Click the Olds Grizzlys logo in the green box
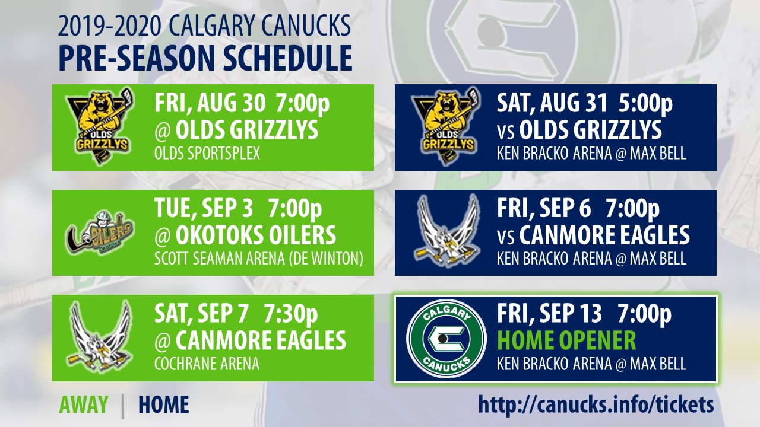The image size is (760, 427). [x=99, y=126]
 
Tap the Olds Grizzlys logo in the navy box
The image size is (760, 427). [x=446, y=126]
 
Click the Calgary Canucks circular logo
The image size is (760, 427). [x=446, y=338]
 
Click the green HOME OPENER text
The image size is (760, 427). [x=566, y=340]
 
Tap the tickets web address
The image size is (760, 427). [x=596, y=404]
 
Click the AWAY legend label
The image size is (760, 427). [x=84, y=404]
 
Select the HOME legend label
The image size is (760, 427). [x=163, y=404]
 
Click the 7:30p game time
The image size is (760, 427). [x=291, y=314]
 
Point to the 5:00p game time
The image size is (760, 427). [x=645, y=104]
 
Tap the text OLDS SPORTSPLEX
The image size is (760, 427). [x=207, y=153]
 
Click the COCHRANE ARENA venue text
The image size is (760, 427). [x=207, y=364]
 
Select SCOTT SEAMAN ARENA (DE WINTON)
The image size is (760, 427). [x=259, y=259]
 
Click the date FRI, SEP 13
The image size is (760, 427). [x=550, y=314]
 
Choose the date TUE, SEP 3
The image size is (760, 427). [x=204, y=209]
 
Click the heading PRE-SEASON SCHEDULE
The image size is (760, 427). [x=205, y=58]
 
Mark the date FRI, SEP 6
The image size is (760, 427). [x=544, y=209]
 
